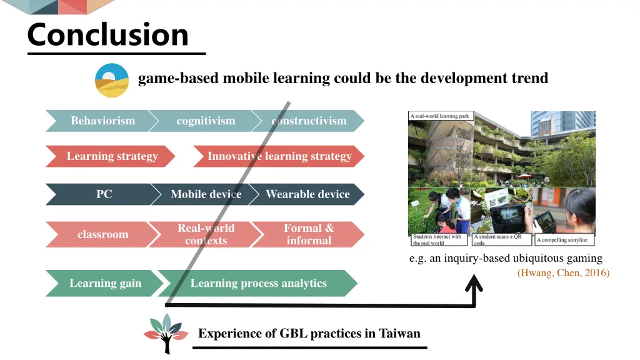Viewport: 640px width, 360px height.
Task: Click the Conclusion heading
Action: point(107,35)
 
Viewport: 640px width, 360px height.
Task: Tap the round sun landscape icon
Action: point(112,81)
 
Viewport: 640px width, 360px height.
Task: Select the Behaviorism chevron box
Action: point(100,121)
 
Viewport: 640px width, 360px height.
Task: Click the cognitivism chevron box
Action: point(206,121)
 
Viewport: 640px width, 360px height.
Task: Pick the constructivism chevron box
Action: point(309,121)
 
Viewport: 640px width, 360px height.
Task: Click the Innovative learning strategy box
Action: point(279,156)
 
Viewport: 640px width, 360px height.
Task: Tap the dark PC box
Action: point(101,194)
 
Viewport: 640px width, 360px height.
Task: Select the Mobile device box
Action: point(205,194)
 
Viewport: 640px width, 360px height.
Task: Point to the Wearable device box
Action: point(307,194)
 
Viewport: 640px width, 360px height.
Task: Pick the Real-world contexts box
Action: point(206,234)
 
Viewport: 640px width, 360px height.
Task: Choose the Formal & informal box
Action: point(309,234)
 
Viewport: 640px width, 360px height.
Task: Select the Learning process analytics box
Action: point(258,283)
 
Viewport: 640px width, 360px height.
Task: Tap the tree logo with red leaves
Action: point(165,333)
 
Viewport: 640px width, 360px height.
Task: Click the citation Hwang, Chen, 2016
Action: point(563,272)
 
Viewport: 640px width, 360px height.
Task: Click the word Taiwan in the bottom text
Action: point(400,333)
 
